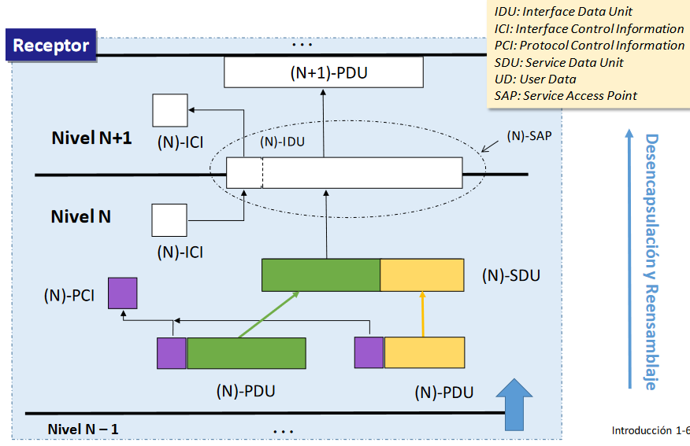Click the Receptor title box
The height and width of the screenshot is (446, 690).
click(51, 45)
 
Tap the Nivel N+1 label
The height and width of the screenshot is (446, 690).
click(91, 138)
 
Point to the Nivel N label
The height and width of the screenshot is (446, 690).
click(81, 216)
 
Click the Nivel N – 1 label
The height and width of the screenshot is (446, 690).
click(83, 429)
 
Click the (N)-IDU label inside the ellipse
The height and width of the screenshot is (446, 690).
click(282, 142)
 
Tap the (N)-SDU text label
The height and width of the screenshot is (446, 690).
click(510, 277)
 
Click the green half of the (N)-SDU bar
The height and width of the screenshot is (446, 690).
click(321, 275)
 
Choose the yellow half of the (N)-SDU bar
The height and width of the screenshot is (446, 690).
click(421, 275)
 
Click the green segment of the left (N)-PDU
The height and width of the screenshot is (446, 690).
click(246, 353)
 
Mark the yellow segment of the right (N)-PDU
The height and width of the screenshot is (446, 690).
click(424, 352)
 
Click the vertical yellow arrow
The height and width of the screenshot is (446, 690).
click(423, 314)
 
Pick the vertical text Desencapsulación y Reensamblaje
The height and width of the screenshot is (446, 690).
click(651, 262)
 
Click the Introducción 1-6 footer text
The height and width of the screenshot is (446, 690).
click(650, 430)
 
